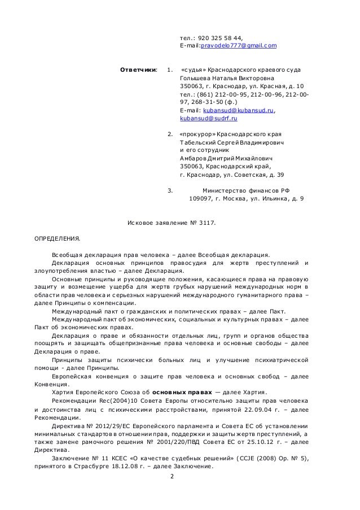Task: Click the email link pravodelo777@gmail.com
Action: (x=236, y=45)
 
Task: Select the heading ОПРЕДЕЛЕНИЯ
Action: (x=58, y=238)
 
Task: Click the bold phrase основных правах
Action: (x=183, y=393)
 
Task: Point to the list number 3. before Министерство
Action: (x=170, y=190)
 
